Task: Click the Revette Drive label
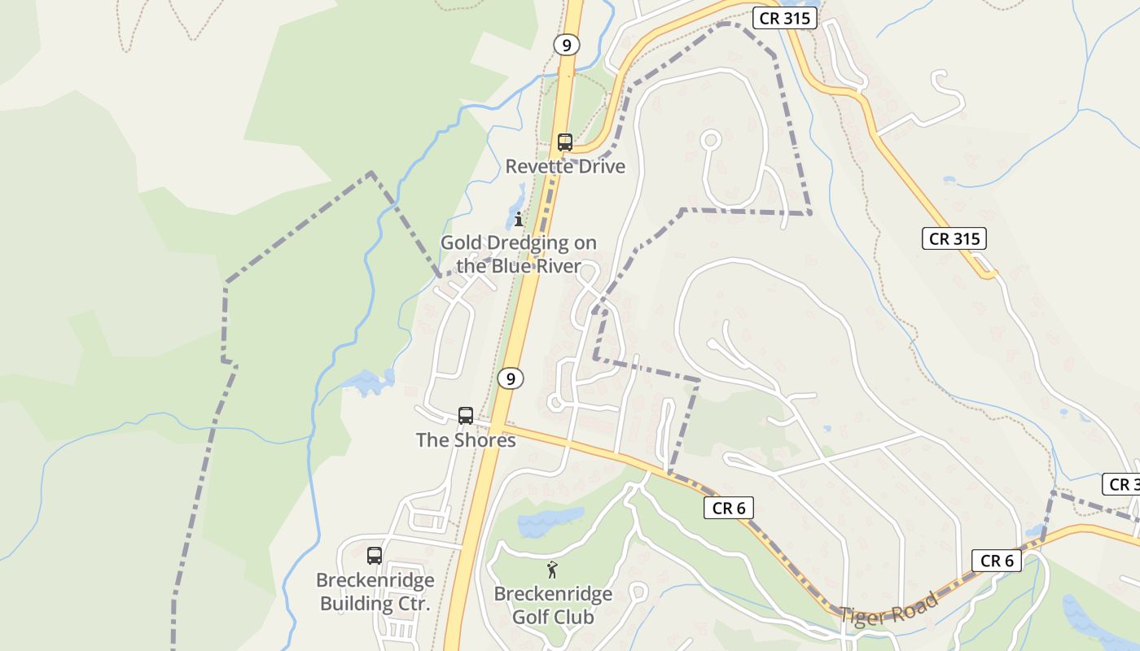pyautogui.click(x=565, y=167)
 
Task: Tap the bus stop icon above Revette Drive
pyautogui.click(x=565, y=142)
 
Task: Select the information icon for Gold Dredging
pyautogui.click(x=519, y=219)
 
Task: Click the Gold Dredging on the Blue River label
pyautogui.click(x=519, y=254)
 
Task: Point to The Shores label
pyautogui.click(x=466, y=440)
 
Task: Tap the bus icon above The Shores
pyautogui.click(x=466, y=416)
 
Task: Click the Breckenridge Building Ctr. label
pyautogui.click(x=375, y=592)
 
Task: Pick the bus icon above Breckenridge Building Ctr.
pyautogui.click(x=375, y=556)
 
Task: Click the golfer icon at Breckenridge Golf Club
pyautogui.click(x=553, y=570)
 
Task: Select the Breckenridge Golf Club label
pyautogui.click(x=553, y=605)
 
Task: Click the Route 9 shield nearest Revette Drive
pyautogui.click(x=566, y=45)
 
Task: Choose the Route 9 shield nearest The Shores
pyautogui.click(x=511, y=378)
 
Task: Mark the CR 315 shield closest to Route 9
pyautogui.click(x=783, y=19)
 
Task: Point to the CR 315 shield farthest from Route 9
pyautogui.click(x=954, y=238)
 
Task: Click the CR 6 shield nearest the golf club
pyautogui.click(x=729, y=508)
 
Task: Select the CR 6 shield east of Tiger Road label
pyautogui.click(x=997, y=561)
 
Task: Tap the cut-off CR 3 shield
pyautogui.click(x=1122, y=484)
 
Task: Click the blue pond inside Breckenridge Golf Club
pyautogui.click(x=550, y=521)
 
